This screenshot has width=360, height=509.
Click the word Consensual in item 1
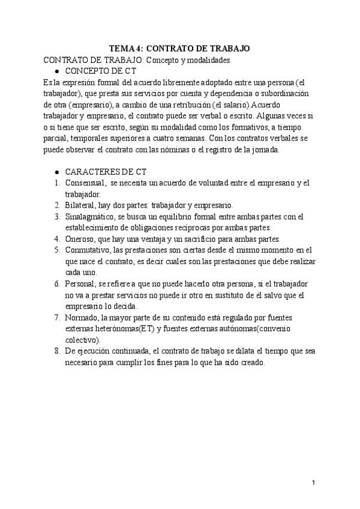[x=85, y=183]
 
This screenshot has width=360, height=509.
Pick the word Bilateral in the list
[x=80, y=205]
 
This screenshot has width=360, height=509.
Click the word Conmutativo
[x=89, y=250]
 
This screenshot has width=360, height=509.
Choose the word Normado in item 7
[x=82, y=318]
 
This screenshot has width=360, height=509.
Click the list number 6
[x=56, y=284]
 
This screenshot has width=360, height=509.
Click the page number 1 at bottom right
[x=314, y=483]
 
